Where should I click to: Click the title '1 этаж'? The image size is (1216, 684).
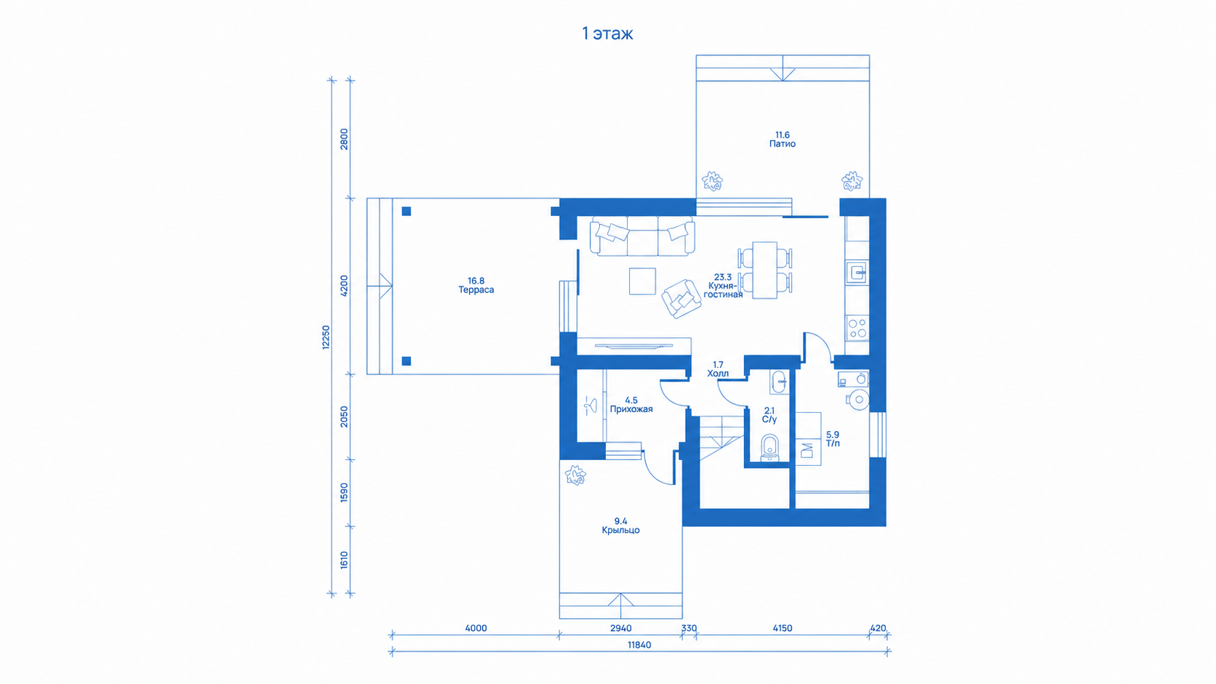coord(607,33)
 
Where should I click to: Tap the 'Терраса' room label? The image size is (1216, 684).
coord(476,289)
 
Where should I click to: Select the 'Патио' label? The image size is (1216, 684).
coord(783,144)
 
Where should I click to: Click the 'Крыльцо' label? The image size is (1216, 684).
coord(620,530)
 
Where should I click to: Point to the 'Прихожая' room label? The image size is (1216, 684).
coord(631,409)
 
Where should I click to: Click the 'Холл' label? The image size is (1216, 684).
coord(718,373)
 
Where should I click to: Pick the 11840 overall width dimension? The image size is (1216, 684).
coord(639,645)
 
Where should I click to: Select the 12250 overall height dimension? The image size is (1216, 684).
coord(326,337)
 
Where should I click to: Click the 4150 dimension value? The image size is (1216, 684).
coord(783,628)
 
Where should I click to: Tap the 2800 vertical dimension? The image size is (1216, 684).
coord(344,140)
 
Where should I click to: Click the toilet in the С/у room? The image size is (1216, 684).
coord(769,448)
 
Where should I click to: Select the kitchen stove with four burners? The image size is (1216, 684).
coord(857,328)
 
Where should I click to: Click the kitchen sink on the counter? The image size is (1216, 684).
coord(857,273)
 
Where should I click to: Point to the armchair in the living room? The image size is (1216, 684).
coord(681,298)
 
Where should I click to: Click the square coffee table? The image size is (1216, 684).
coord(642,281)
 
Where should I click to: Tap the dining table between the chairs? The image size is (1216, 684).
coord(764,270)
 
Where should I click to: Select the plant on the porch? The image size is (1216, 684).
coord(575,475)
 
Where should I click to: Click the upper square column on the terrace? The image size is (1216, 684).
coord(406,211)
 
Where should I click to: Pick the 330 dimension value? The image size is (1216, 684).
coord(689,628)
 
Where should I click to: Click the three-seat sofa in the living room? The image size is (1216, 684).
coord(642,236)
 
